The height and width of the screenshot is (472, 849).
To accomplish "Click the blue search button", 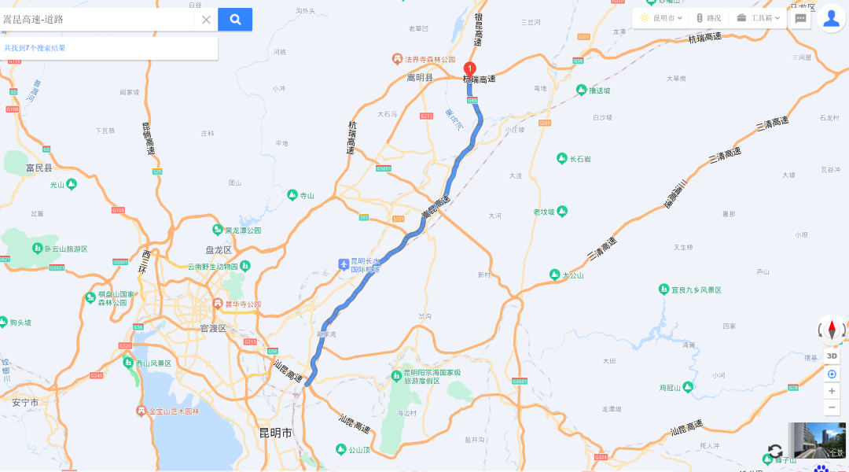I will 235,20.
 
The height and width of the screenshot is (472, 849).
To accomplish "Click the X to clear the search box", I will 206,20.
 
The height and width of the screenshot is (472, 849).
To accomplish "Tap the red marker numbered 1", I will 470,69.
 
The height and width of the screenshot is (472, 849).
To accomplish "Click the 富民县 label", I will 39,168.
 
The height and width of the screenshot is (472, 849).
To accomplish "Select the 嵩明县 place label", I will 420,77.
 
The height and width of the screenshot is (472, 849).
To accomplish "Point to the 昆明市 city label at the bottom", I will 275,433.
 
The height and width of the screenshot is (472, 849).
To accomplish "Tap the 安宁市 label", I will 25,403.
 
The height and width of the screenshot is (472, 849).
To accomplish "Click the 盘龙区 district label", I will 219,250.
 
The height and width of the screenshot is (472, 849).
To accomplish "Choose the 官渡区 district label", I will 213,328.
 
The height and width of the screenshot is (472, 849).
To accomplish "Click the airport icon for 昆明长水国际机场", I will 343,264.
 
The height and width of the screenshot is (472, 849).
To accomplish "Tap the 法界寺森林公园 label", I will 430,60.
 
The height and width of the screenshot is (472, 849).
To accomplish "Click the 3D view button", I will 832,356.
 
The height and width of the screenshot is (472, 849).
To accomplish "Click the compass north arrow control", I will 832,330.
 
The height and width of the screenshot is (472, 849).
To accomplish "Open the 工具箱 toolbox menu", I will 759,18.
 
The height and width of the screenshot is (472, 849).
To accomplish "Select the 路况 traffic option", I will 708,18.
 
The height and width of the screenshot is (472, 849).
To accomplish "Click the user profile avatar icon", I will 831,18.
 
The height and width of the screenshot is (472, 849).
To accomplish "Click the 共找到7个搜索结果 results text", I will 35,48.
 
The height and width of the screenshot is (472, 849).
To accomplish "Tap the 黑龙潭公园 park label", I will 243,230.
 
